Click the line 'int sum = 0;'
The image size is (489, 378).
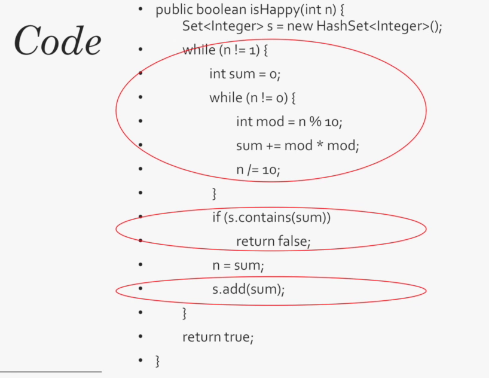244,74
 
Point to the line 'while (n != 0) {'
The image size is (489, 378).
253,97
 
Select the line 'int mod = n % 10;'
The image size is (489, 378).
289,121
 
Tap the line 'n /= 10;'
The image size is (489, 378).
258,169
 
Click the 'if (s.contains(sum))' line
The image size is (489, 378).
271,217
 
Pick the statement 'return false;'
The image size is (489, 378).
273,241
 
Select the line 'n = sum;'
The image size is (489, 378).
238,264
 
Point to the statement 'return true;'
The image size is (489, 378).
218,337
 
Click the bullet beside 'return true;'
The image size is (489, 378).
140,337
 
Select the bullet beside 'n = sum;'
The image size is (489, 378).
140,264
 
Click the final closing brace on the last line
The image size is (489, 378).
158,361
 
